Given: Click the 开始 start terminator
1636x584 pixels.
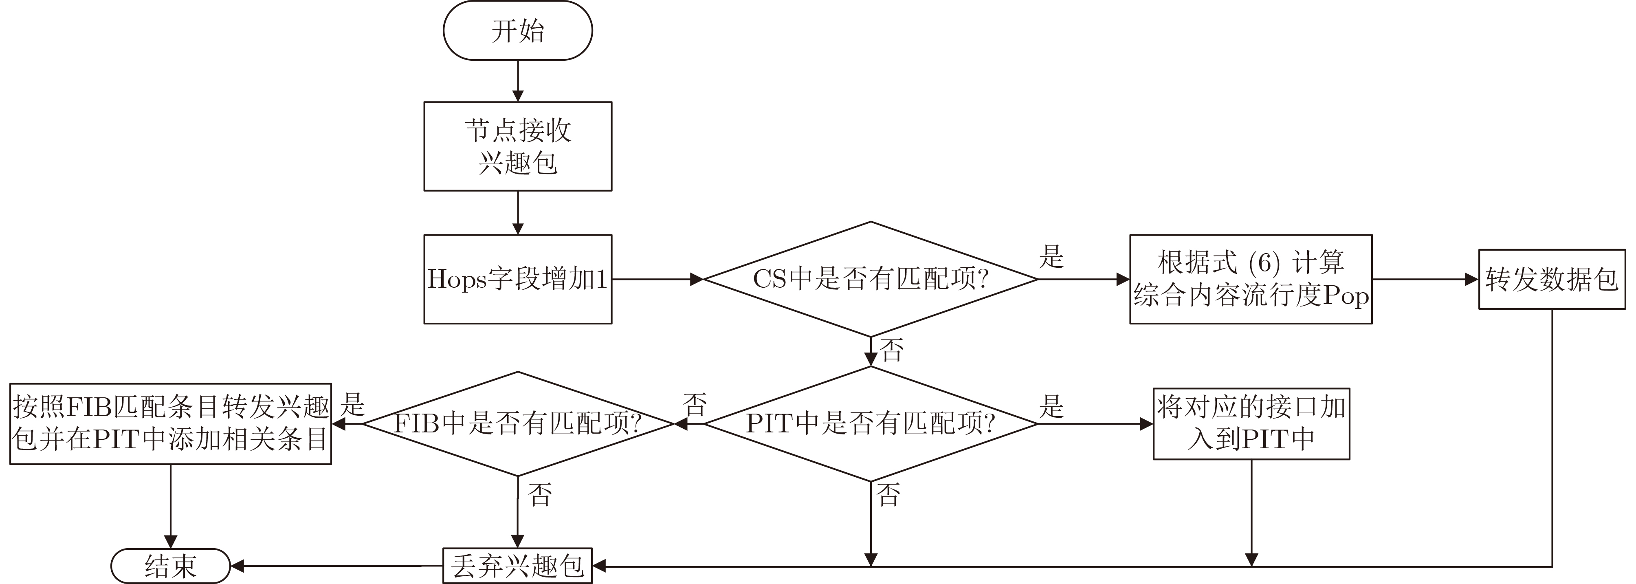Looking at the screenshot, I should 518,31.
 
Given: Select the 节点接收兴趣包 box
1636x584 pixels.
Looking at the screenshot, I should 518,146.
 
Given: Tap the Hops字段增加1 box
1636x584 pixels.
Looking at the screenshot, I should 518,279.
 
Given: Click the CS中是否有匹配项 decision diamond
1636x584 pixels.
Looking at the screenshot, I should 871,279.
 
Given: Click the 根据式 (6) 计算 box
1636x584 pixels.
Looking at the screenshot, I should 1251,279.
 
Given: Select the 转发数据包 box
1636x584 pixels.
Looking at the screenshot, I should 1552,279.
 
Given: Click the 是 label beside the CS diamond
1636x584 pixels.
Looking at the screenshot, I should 1051,257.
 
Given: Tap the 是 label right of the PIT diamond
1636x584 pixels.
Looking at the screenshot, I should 1051,406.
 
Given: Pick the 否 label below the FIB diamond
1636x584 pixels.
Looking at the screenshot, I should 540,494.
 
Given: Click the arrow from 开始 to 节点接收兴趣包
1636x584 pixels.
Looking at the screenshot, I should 518,81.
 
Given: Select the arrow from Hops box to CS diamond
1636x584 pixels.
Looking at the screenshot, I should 657,279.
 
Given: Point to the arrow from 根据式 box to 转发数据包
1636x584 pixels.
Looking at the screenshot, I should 1425,279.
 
